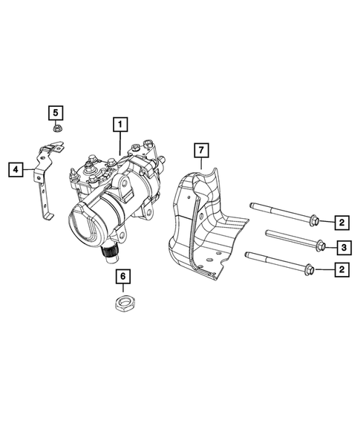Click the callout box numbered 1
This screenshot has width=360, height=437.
[x=120, y=124]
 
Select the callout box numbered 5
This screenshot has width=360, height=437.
[x=56, y=114]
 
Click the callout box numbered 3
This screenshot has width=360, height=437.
[x=342, y=247]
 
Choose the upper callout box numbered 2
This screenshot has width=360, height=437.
[x=342, y=221]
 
